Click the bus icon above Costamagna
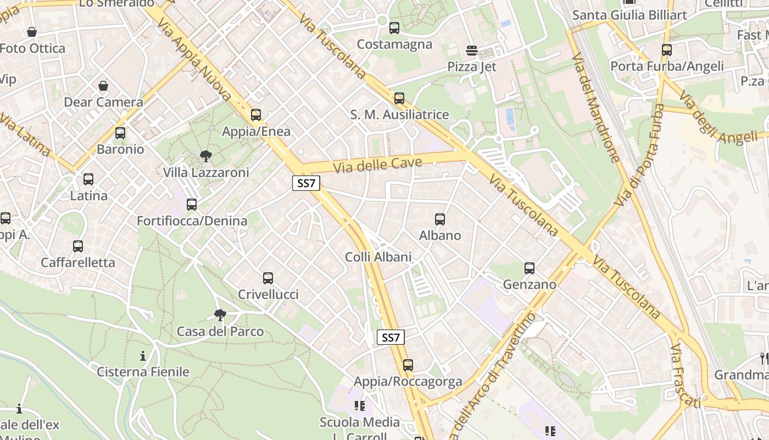[x=394, y=28]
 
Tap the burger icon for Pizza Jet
[x=471, y=51]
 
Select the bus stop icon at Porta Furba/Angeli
[x=667, y=50]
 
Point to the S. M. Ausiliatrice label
[x=399, y=115]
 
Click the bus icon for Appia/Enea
[x=256, y=115]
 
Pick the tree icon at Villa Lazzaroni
[x=206, y=156]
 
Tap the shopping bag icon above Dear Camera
[x=103, y=86]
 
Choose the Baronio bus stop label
[x=120, y=150]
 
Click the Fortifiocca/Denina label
[x=192, y=221]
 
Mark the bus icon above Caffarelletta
[x=78, y=246]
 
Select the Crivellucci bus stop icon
[x=268, y=278]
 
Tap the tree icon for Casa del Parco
[x=220, y=315]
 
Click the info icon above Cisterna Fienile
[x=143, y=356]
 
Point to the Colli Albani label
[x=378, y=257]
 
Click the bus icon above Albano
[x=440, y=219]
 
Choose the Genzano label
[x=530, y=285]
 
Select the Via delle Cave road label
[x=377, y=164]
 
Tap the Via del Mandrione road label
[x=597, y=107]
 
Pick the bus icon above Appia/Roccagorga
[x=408, y=365]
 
